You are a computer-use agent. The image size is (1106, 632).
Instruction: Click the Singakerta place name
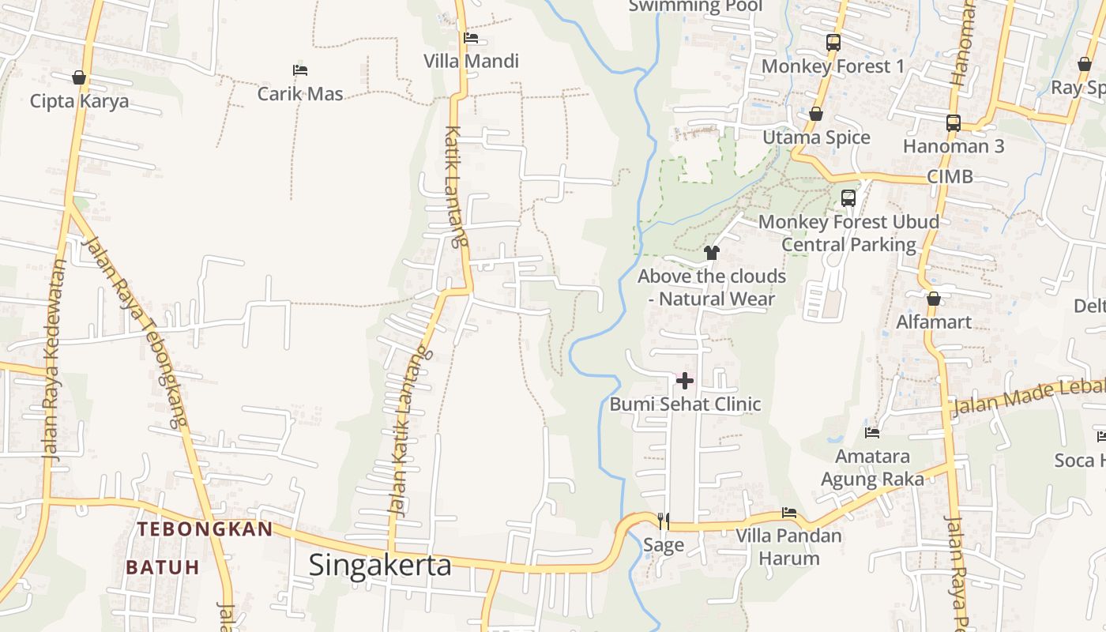380,565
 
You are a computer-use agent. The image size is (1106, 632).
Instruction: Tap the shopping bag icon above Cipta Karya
79,77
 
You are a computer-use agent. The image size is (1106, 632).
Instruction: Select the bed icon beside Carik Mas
299,70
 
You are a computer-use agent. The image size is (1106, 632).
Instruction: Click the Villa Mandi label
471,61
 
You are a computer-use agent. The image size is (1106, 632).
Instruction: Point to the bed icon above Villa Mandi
471,37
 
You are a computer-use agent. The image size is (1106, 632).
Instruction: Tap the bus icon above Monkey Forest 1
833,43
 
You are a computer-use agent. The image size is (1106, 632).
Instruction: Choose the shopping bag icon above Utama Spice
816,115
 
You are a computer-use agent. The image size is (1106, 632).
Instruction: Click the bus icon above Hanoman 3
954,123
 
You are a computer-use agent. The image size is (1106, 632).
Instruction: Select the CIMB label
950,176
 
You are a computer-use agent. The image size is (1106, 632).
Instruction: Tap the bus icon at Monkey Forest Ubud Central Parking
848,198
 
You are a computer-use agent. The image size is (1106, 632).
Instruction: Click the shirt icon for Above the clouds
712,253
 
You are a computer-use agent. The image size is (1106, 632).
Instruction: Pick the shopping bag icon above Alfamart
934,299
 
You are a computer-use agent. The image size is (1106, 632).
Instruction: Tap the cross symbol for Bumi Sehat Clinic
685,381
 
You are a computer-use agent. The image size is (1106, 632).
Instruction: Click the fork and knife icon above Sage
664,521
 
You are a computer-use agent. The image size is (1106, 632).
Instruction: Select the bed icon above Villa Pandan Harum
788,513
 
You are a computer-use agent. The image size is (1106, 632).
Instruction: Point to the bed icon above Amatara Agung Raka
872,433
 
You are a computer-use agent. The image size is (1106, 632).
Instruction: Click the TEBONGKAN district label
205,529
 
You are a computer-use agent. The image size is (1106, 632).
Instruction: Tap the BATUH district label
163,567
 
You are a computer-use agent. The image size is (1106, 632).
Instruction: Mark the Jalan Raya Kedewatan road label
52,359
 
